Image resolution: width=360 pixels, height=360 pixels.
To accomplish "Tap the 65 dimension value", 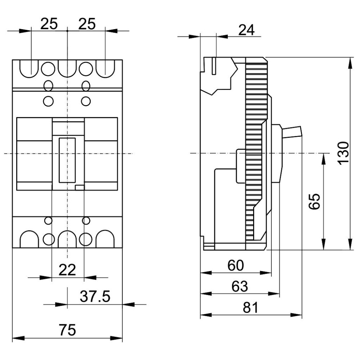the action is click(314, 201).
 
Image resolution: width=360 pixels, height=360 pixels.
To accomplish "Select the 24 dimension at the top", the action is click(247, 30).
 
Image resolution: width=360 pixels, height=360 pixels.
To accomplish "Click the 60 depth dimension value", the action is click(235, 265).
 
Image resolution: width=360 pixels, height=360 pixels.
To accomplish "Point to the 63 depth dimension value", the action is click(240, 286).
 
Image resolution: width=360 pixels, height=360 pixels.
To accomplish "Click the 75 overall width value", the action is click(67, 330).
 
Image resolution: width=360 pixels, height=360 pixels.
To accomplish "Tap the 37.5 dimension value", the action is click(95, 296).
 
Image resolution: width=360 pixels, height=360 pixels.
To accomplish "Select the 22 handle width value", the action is click(67, 270).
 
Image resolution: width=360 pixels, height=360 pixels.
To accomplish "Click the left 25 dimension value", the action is click(49, 24).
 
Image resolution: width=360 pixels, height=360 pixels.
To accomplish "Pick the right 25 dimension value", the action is click(87, 24).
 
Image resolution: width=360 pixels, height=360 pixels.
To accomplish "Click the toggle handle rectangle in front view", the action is click(67, 160).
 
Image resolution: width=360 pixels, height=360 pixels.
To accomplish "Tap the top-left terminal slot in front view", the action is click(29, 69).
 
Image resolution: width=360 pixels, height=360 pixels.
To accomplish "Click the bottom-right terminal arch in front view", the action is click(105, 239).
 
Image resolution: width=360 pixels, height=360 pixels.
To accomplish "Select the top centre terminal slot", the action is click(67, 69).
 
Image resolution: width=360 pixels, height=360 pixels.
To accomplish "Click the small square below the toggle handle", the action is click(80, 188).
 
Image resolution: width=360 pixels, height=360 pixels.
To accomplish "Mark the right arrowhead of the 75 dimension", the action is click(116, 338).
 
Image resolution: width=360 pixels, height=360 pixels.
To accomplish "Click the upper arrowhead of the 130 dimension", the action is click(350, 63).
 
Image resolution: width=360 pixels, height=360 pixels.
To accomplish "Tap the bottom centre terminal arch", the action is click(67, 239).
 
